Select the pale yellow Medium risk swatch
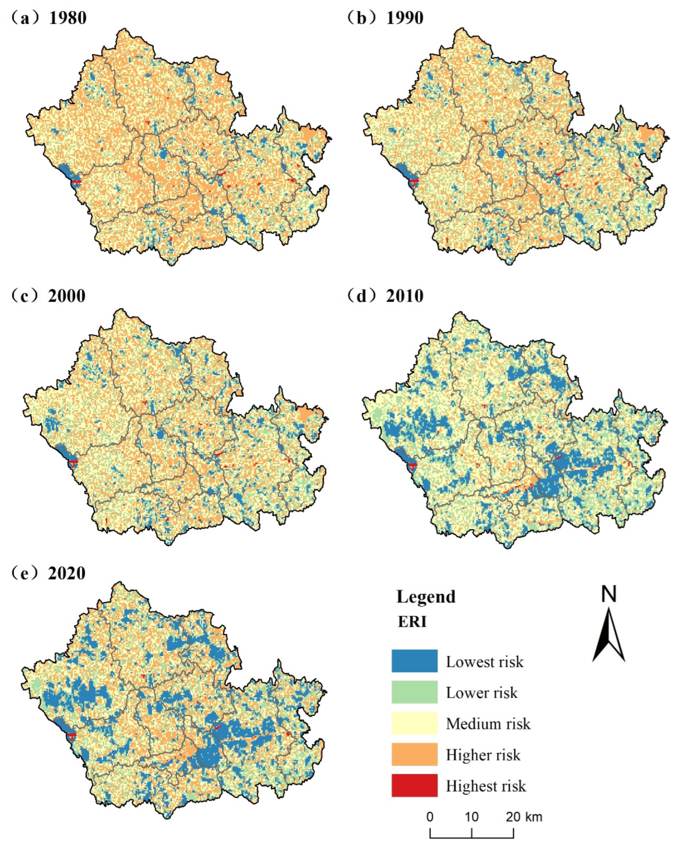click(x=414, y=724)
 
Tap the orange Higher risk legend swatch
click(x=414, y=755)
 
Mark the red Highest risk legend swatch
click(x=414, y=786)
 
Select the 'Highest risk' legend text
click(x=486, y=786)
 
